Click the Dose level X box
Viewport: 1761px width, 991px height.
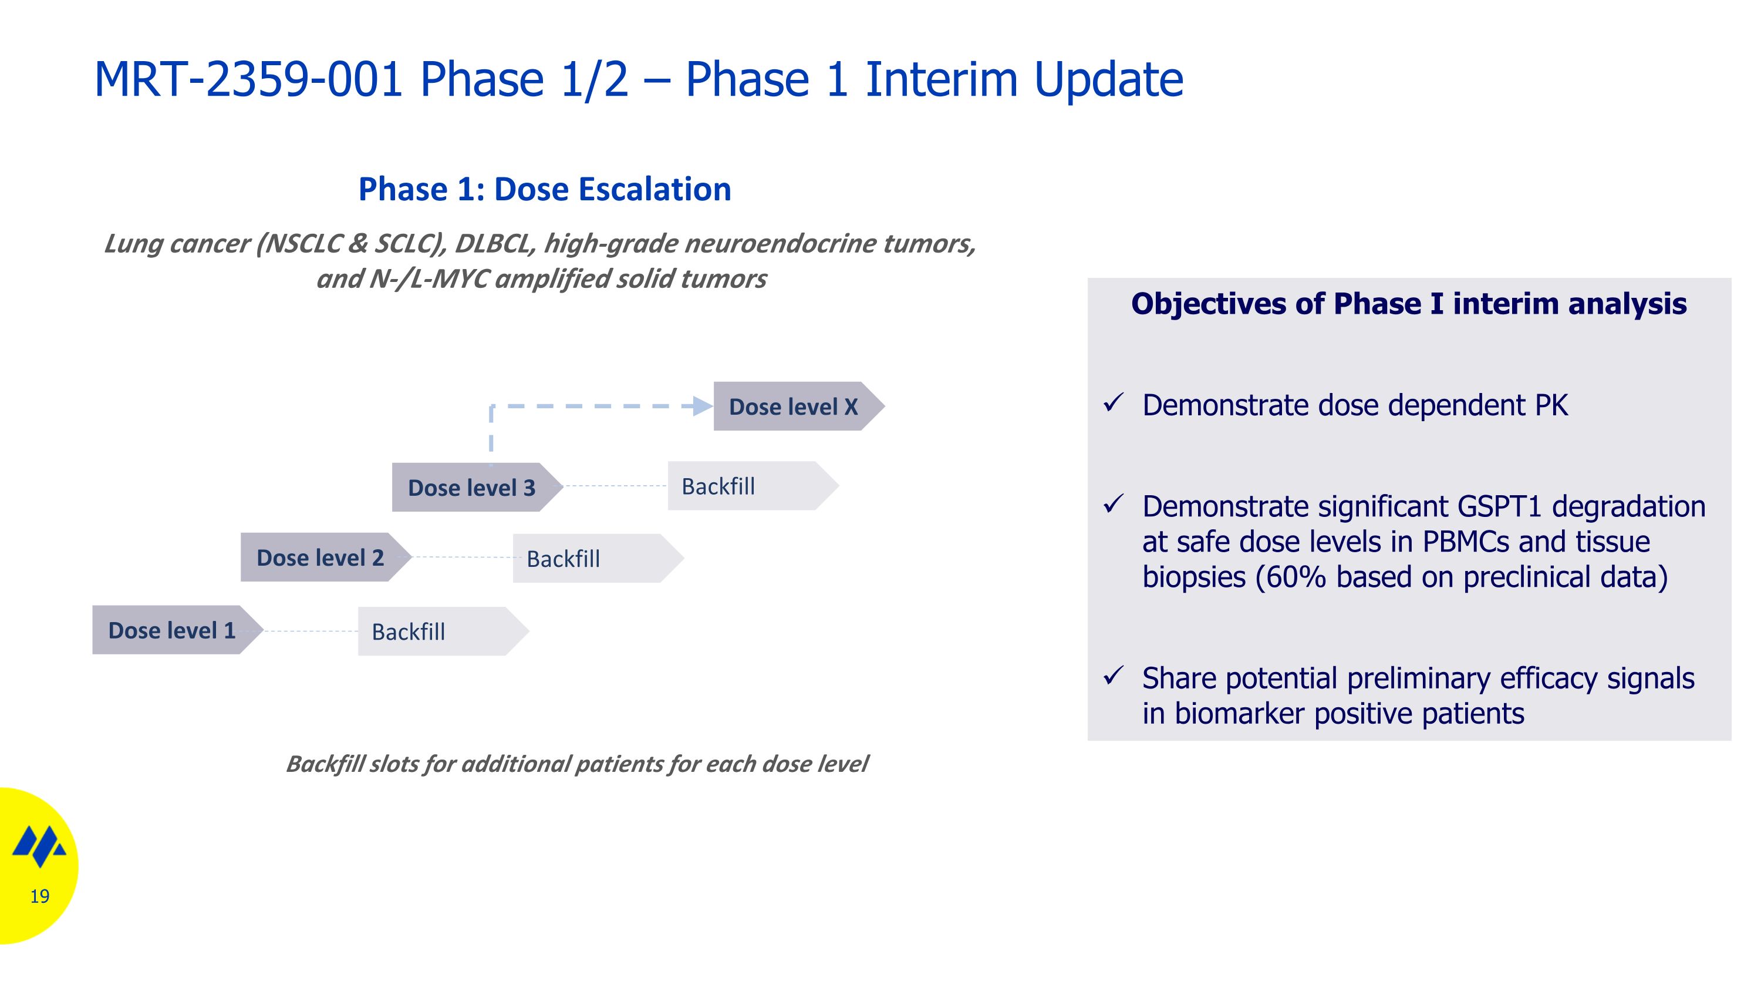click(798, 407)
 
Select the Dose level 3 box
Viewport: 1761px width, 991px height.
click(477, 487)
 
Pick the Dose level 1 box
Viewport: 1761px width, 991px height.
click(178, 630)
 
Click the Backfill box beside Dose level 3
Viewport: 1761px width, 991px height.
click(753, 486)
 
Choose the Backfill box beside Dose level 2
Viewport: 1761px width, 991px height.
click(598, 558)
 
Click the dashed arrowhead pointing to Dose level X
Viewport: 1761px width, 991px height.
click(703, 407)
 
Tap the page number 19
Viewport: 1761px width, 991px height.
click(40, 896)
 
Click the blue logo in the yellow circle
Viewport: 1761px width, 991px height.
click(40, 845)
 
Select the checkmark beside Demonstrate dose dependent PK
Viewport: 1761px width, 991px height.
click(1114, 404)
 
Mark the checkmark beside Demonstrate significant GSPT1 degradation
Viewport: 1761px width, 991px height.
click(1114, 505)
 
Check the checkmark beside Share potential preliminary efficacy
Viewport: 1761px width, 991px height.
click(1114, 676)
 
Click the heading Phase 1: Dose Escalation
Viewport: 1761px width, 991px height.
click(545, 189)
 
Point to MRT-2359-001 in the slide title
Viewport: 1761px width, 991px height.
click(248, 79)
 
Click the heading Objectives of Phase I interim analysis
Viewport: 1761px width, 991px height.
click(1409, 304)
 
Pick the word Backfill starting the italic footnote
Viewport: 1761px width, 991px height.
click(325, 764)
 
